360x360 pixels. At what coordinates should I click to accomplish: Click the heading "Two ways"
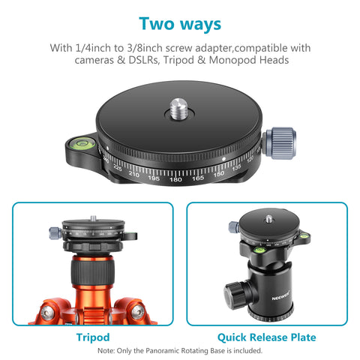[x=180, y=23]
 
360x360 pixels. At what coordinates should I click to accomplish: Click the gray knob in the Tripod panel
[x=55, y=232]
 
